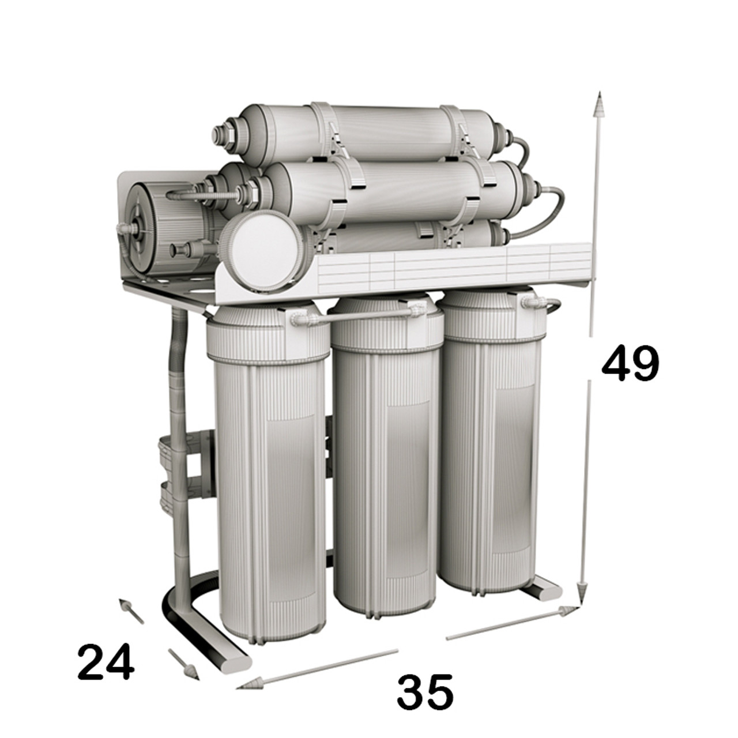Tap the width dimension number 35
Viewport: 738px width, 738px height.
click(425, 691)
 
